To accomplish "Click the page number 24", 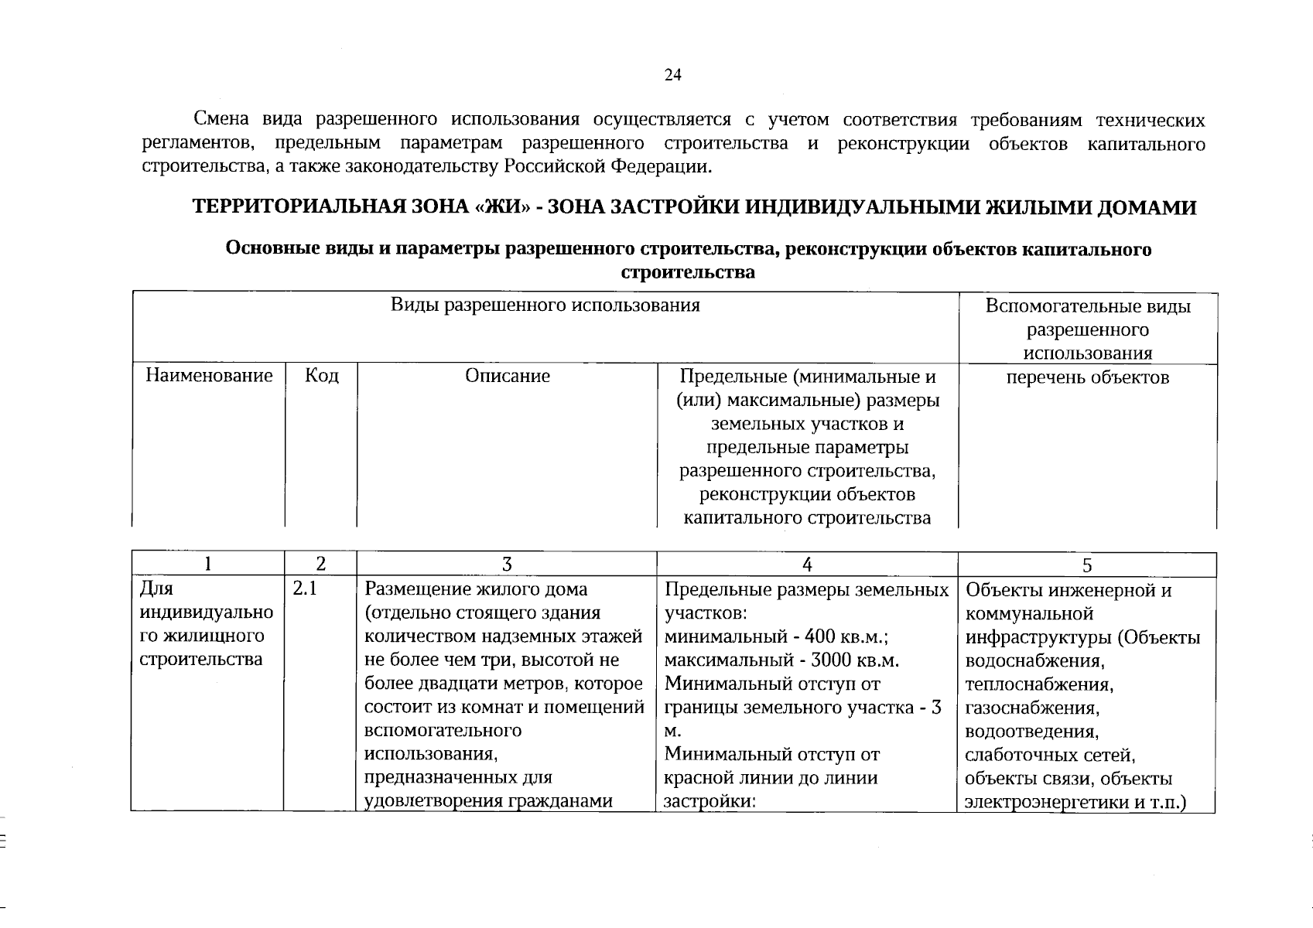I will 672,75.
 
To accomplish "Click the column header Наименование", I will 209,376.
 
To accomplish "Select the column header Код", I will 321,376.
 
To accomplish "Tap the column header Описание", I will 508,376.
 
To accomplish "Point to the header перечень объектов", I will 1087,377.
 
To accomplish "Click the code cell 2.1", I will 305,590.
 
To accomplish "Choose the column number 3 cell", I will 507,565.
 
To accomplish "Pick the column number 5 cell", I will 1087,565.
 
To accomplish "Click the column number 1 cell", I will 207,565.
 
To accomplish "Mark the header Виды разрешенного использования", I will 545,305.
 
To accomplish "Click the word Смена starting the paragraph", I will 221,120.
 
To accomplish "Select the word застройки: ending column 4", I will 709,801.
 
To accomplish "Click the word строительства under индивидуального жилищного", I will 200,660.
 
